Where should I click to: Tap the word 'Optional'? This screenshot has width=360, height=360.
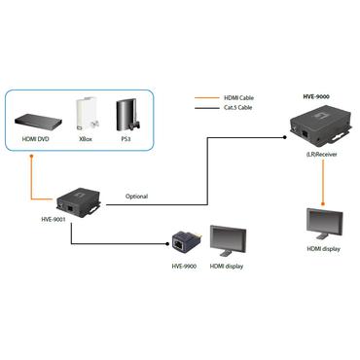136,197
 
